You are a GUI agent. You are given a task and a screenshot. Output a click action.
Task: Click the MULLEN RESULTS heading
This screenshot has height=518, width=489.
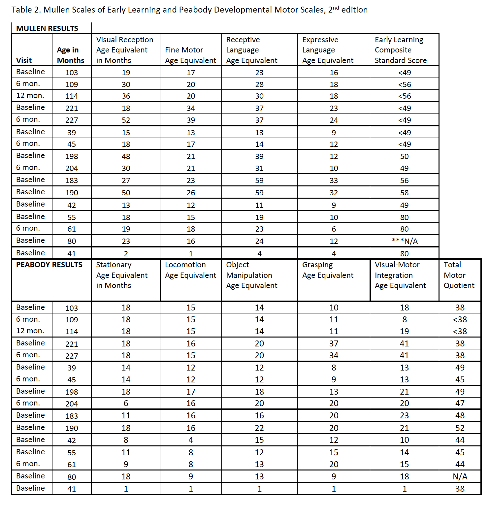pyautogui.click(x=47, y=28)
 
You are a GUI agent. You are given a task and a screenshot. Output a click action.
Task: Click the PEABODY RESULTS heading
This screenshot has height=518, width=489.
pyautogui.click(x=49, y=265)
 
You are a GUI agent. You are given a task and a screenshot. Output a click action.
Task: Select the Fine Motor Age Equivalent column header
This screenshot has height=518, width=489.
pyautogui.click(x=190, y=55)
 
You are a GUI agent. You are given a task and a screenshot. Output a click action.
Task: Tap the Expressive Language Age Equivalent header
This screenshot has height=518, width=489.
pyautogui.click(x=328, y=50)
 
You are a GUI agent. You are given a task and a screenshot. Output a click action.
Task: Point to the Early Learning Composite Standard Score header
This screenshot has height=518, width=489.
pyautogui.click(x=401, y=50)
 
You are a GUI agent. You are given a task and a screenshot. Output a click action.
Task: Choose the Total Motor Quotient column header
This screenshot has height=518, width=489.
pyautogui.click(x=459, y=275)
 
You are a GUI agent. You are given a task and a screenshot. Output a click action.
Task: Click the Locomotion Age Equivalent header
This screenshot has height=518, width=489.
pyautogui.click(x=190, y=270)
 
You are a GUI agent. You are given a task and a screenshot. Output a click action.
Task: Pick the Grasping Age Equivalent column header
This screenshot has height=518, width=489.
pyautogui.click(x=328, y=270)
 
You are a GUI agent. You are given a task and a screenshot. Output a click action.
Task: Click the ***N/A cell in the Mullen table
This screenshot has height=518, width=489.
pyautogui.click(x=405, y=241)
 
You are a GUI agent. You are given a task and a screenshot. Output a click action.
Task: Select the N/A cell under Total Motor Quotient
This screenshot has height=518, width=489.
pyautogui.click(x=460, y=476)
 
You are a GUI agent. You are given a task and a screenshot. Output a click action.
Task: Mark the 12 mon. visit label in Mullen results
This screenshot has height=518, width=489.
pyautogui.click(x=30, y=96)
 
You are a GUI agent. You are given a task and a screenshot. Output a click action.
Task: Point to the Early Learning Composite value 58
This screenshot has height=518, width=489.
pyautogui.click(x=405, y=193)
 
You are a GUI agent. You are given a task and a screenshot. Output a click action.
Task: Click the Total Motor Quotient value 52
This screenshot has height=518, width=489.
pyautogui.click(x=460, y=428)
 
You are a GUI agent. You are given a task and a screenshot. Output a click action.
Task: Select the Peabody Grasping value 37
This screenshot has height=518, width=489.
pyautogui.click(x=334, y=343)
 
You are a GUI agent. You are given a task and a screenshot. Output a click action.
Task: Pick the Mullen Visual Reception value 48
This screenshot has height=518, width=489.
pyautogui.click(x=126, y=156)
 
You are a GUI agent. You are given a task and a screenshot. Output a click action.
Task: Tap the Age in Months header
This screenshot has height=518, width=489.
pyautogui.click(x=71, y=55)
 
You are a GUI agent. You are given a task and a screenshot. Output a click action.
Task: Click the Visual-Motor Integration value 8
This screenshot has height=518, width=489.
pyautogui.click(x=405, y=319)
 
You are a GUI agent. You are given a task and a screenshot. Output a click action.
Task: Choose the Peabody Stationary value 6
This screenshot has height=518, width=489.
pyautogui.click(x=126, y=403)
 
